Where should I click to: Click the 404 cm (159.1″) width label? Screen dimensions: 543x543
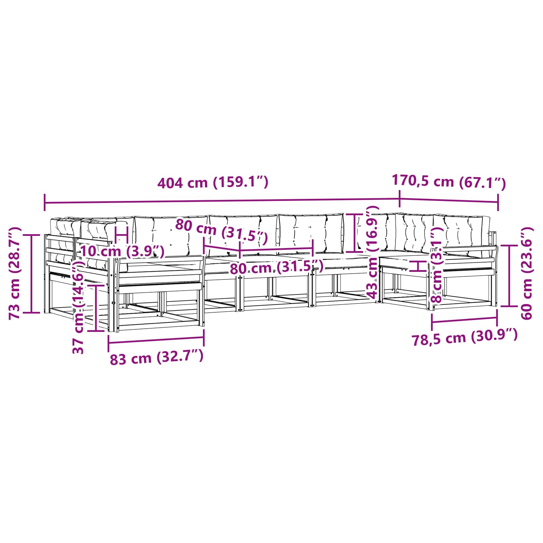tap(213, 183)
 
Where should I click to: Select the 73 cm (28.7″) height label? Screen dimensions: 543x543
tap(15, 273)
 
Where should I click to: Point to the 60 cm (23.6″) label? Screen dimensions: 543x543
tap(527, 273)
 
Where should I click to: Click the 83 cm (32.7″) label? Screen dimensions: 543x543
tap(156, 358)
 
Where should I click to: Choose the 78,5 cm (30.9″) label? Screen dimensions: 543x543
tap(465, 337)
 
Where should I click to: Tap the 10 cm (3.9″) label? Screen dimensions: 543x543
tap(122, 251)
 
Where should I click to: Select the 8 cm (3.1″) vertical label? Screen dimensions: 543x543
tap(437, 265)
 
